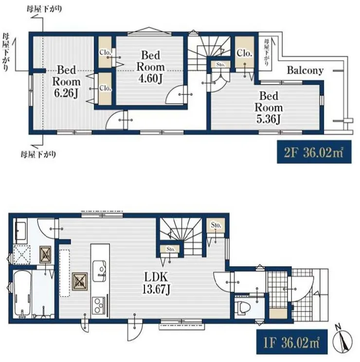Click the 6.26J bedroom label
click(66, 81)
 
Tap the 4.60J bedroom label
click(150, 67)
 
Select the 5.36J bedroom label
click(269, 108)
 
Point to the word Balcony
click(305, 71)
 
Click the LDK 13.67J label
click(156, 283)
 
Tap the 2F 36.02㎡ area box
click(314, 152)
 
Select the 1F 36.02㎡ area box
click(292, 342)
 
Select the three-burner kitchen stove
click(99, 305)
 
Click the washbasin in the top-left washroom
click(21, 231)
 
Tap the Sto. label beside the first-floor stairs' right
click(216, 225)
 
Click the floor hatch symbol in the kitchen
click(80, 281)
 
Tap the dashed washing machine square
click(22, 254)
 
